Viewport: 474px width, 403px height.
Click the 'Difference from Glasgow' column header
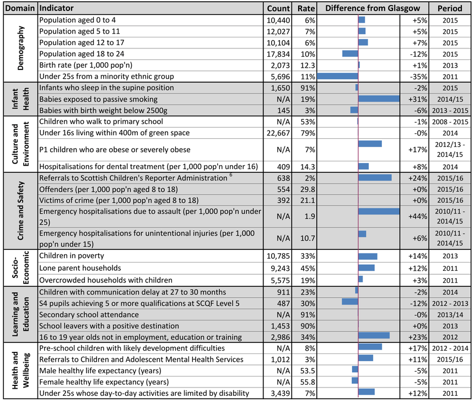point(373,8)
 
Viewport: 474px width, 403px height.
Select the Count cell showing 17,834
point(278,54)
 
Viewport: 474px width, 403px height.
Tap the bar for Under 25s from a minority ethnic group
point(337,77)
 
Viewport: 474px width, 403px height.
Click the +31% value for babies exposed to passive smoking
point(418,99)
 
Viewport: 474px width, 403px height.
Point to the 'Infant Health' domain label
point(20,99)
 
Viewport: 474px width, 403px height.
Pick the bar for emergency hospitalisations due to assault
point(379,211)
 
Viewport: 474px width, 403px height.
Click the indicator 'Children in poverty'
point(72,255)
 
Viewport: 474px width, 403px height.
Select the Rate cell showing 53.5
point(308,371)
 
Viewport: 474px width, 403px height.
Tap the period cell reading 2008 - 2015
point(450,122)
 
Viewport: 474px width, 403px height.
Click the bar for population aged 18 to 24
point(350,54)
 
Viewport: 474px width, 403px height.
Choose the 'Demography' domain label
point(20,48)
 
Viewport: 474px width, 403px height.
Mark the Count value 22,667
point(278,133)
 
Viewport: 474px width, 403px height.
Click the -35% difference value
point(418,77)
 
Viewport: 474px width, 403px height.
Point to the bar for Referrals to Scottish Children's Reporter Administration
point(375,177)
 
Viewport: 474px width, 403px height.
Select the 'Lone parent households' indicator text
point(80,268)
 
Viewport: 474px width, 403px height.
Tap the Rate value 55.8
point(308,382)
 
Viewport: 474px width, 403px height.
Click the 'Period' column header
point(450,8)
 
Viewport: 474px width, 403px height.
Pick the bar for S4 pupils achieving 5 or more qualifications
point(350,302)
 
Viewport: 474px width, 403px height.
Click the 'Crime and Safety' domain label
point(20,211)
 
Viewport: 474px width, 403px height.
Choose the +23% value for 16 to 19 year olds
point(418,337)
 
